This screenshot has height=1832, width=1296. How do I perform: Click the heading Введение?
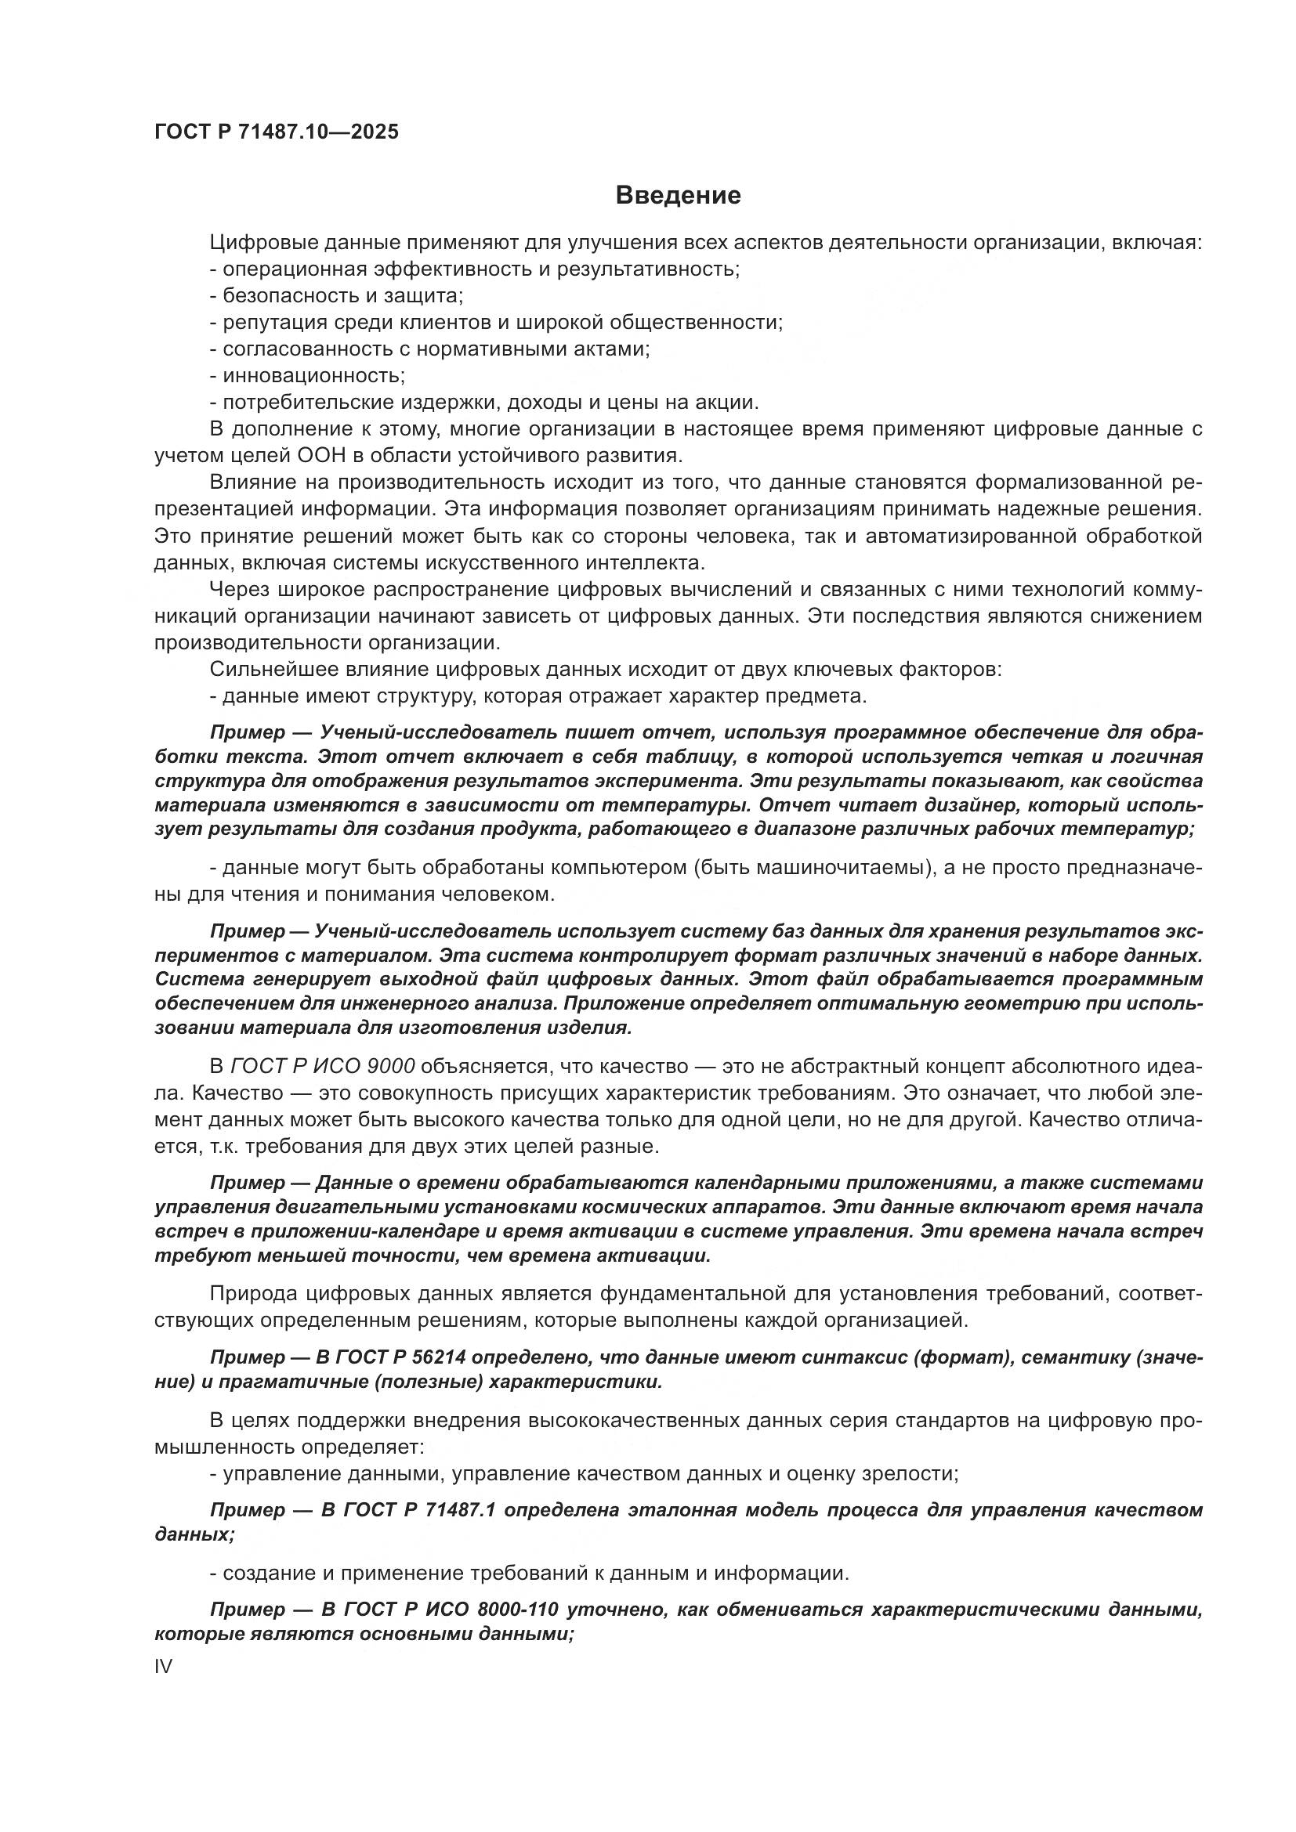(678, 196)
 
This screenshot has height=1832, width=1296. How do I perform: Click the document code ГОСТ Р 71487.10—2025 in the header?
(276, 132)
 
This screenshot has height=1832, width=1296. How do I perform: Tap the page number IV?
(163, 1666)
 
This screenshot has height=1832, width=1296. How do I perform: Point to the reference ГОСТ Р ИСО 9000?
(322, 1066)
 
